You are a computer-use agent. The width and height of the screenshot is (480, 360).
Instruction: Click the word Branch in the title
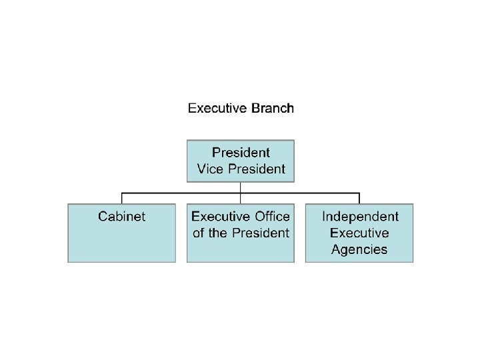click(x=272, y=108)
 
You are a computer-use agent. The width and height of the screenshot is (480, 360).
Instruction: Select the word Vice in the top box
click(x=211, y=169)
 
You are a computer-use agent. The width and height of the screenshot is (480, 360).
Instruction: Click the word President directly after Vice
click(x=257, y=169)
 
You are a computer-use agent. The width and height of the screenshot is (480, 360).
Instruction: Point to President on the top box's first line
click(x=241, y=153)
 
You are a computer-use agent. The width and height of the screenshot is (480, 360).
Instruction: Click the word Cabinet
click(x=122, y=216)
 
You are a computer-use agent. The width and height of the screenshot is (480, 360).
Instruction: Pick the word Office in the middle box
click(x=271, y=216)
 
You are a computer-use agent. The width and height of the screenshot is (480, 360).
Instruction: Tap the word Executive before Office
click(x=221, y=216)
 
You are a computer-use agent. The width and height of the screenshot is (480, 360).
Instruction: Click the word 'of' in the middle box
click(x=198, y=233)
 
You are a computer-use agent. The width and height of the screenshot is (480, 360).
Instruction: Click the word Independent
click(x=360, y=216)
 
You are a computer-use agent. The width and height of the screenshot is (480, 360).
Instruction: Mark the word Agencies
click(x=359, y=250)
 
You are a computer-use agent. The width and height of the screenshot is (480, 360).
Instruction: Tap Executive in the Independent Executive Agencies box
click(x=359, y=233)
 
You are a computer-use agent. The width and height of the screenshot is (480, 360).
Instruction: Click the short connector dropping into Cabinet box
click(x=121, y=198)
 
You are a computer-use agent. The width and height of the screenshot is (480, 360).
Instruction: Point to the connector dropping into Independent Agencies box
click(x=359, y=198)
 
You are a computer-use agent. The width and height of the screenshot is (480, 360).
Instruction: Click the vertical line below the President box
click(x=241, y=187)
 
